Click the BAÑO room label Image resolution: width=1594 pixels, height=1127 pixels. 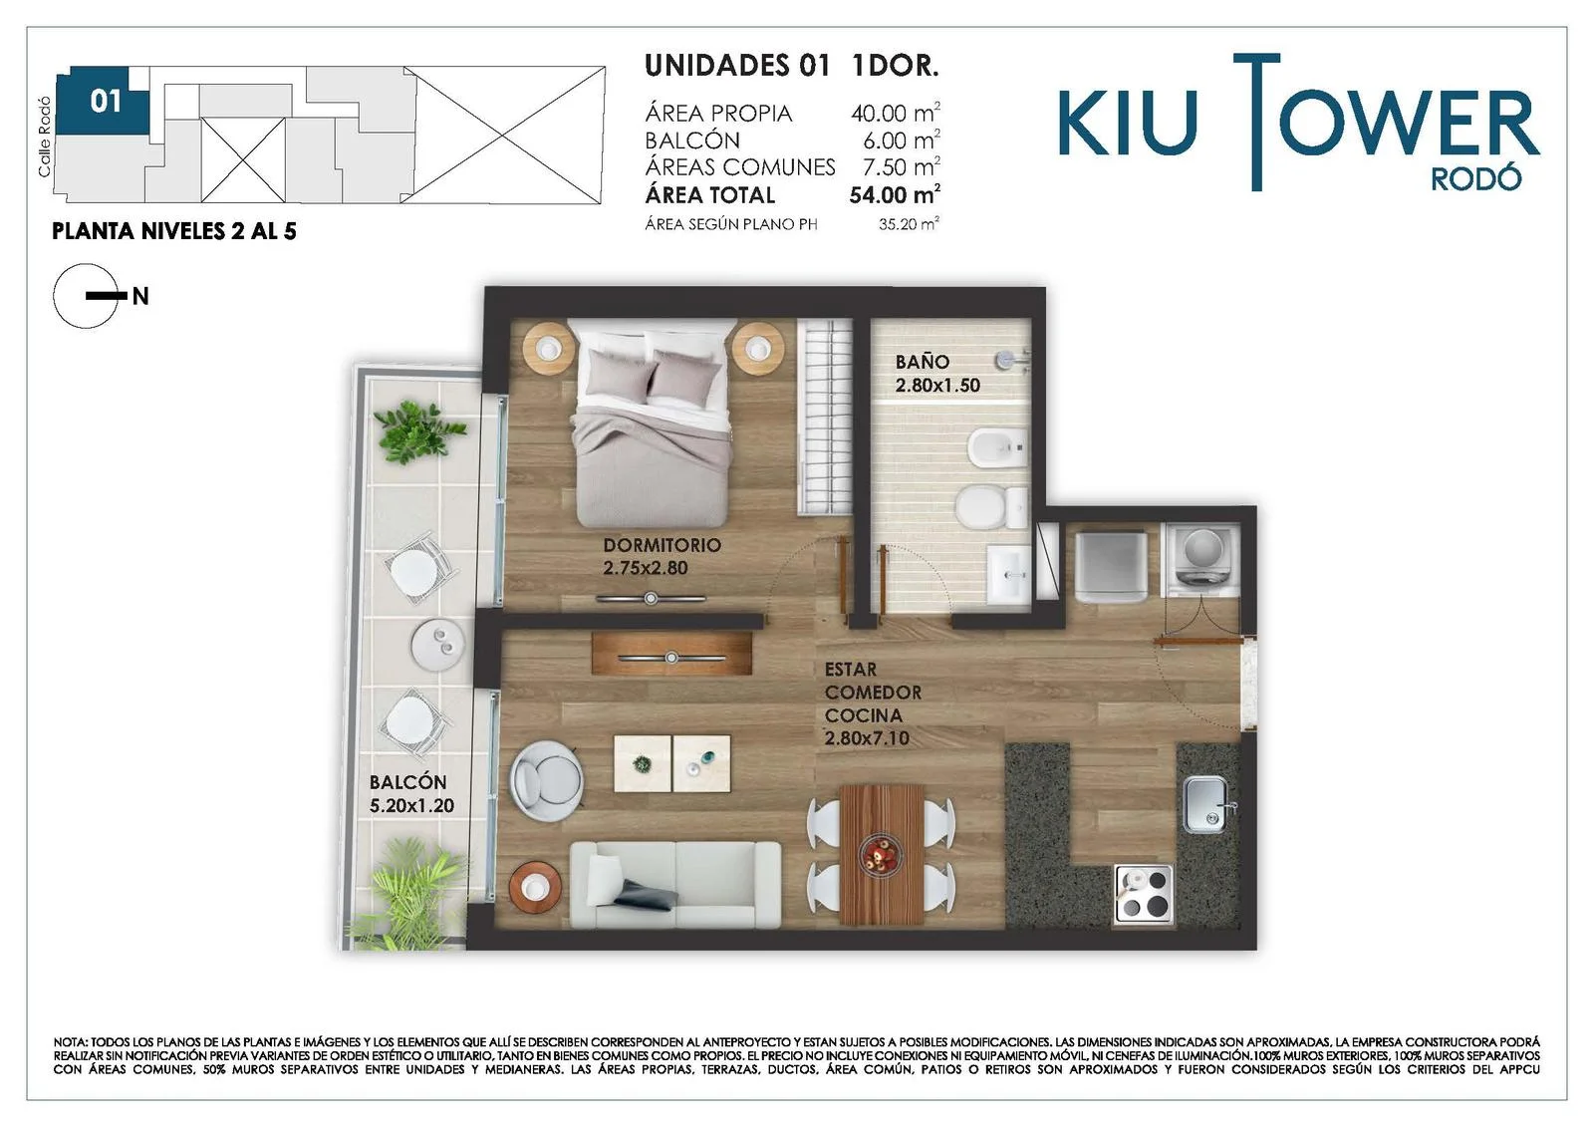coord(923,362)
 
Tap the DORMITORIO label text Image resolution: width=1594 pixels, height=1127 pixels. coord(662,545)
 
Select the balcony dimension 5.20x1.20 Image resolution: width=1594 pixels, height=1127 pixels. coord(411,805)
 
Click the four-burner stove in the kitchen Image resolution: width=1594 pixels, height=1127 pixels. coord(1143,894)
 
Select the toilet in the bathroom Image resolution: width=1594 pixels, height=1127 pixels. coord(990,507)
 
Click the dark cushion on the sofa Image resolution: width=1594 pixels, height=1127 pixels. coord(647,895)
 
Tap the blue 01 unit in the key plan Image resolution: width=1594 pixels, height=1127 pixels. coord(103,101)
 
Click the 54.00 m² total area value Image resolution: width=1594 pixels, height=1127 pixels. coord(895,194)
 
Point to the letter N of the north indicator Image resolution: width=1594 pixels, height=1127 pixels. coord(140,296)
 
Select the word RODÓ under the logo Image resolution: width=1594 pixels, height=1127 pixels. coord(1475,178)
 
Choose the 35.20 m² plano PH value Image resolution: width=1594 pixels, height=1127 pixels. coord(909,224)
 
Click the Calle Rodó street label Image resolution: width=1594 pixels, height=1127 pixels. coord(44,137)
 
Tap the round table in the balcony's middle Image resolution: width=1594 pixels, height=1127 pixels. coord(437,645)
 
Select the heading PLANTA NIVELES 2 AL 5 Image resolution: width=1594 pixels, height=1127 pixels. coord(174,231)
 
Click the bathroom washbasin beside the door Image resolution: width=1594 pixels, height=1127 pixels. coord(1008,574)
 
